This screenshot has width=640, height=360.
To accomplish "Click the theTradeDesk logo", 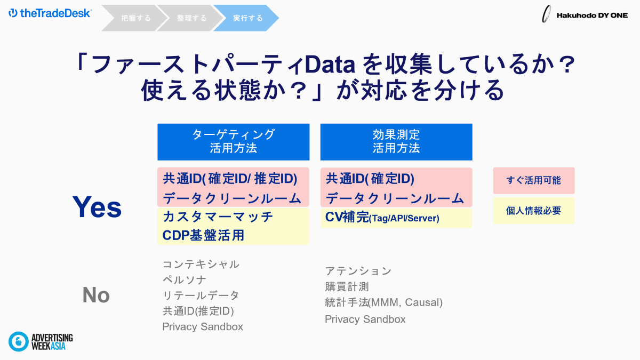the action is tap(50, 13).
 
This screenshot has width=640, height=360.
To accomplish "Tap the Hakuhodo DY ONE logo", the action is tap(585, 14).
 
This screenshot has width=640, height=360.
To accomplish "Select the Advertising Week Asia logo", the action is tap(41, 341).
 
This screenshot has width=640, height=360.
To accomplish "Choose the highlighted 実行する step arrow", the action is tap(246, 18).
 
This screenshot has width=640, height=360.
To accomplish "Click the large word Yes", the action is tap(97, 207).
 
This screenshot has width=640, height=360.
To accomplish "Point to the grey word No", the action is tap(96, 295).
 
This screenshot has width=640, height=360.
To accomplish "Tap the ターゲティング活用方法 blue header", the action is tap(234, 142).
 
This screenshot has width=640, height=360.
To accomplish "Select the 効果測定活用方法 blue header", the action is tap(396, 142).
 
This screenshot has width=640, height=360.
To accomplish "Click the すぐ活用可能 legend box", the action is tap(534, 181).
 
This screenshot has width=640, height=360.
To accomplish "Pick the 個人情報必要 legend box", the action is tap(534, 211).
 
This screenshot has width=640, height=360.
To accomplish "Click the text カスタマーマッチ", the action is tap(218, 217).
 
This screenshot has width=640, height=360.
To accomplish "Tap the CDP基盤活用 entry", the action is tap(203, 235).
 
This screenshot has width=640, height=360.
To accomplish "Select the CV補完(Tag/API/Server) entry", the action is tap(382, 218).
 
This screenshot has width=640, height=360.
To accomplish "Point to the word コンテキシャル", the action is tap(201, 265).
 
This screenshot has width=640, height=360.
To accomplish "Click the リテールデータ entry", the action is tap(201, 295).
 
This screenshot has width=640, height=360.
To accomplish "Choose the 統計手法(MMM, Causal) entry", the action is tap(383, 302).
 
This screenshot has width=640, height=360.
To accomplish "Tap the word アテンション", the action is tap(358, 271).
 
